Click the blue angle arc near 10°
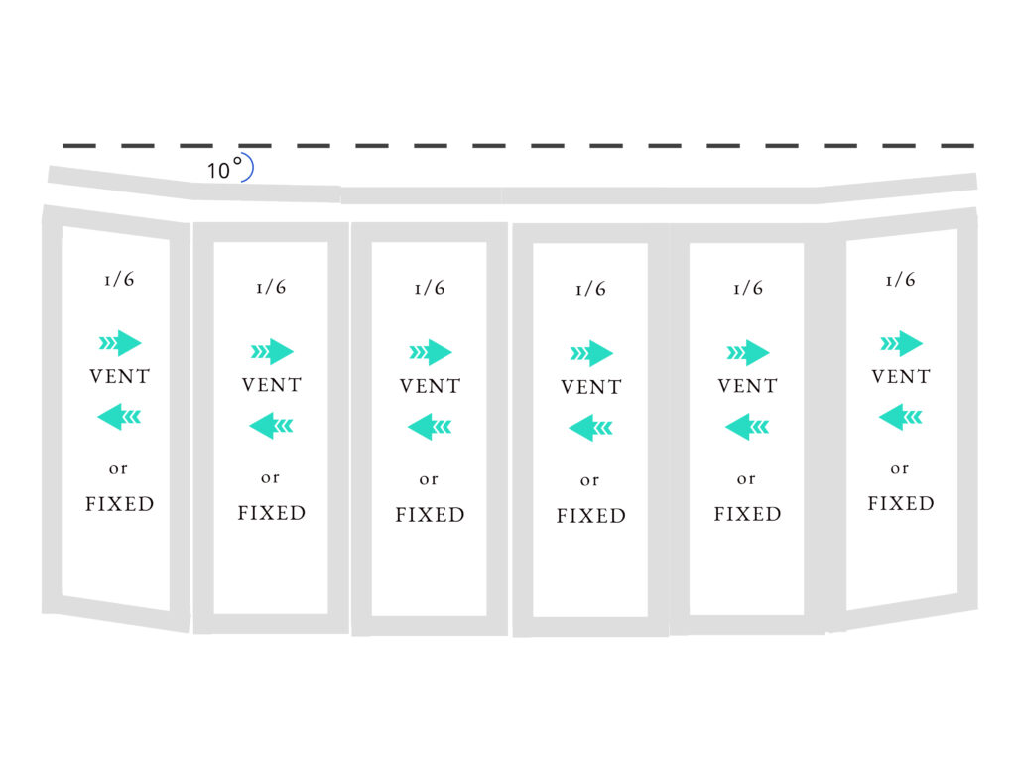tap(248, 169)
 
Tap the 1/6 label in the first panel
tap(119, 279)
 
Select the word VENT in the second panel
tap(272, 385)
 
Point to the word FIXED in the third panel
tap(430, 515)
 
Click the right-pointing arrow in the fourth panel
tap(591, 353)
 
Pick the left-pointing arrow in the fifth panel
tap(747, 427)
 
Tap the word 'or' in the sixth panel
tap(899, 468)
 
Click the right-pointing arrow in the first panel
tap(120, 343)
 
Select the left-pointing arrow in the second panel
tap(271, 427)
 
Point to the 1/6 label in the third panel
tap(430, 288)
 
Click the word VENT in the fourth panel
tap(591, 387)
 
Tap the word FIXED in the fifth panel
tap(748, 514)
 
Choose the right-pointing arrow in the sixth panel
tap(901, 343)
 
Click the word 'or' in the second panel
tap(271, 478)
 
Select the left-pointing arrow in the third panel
tap(430, 428)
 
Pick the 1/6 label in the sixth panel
tap(900, 279)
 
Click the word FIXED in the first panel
tap(120, 504)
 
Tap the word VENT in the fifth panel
tap(748, 385)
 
